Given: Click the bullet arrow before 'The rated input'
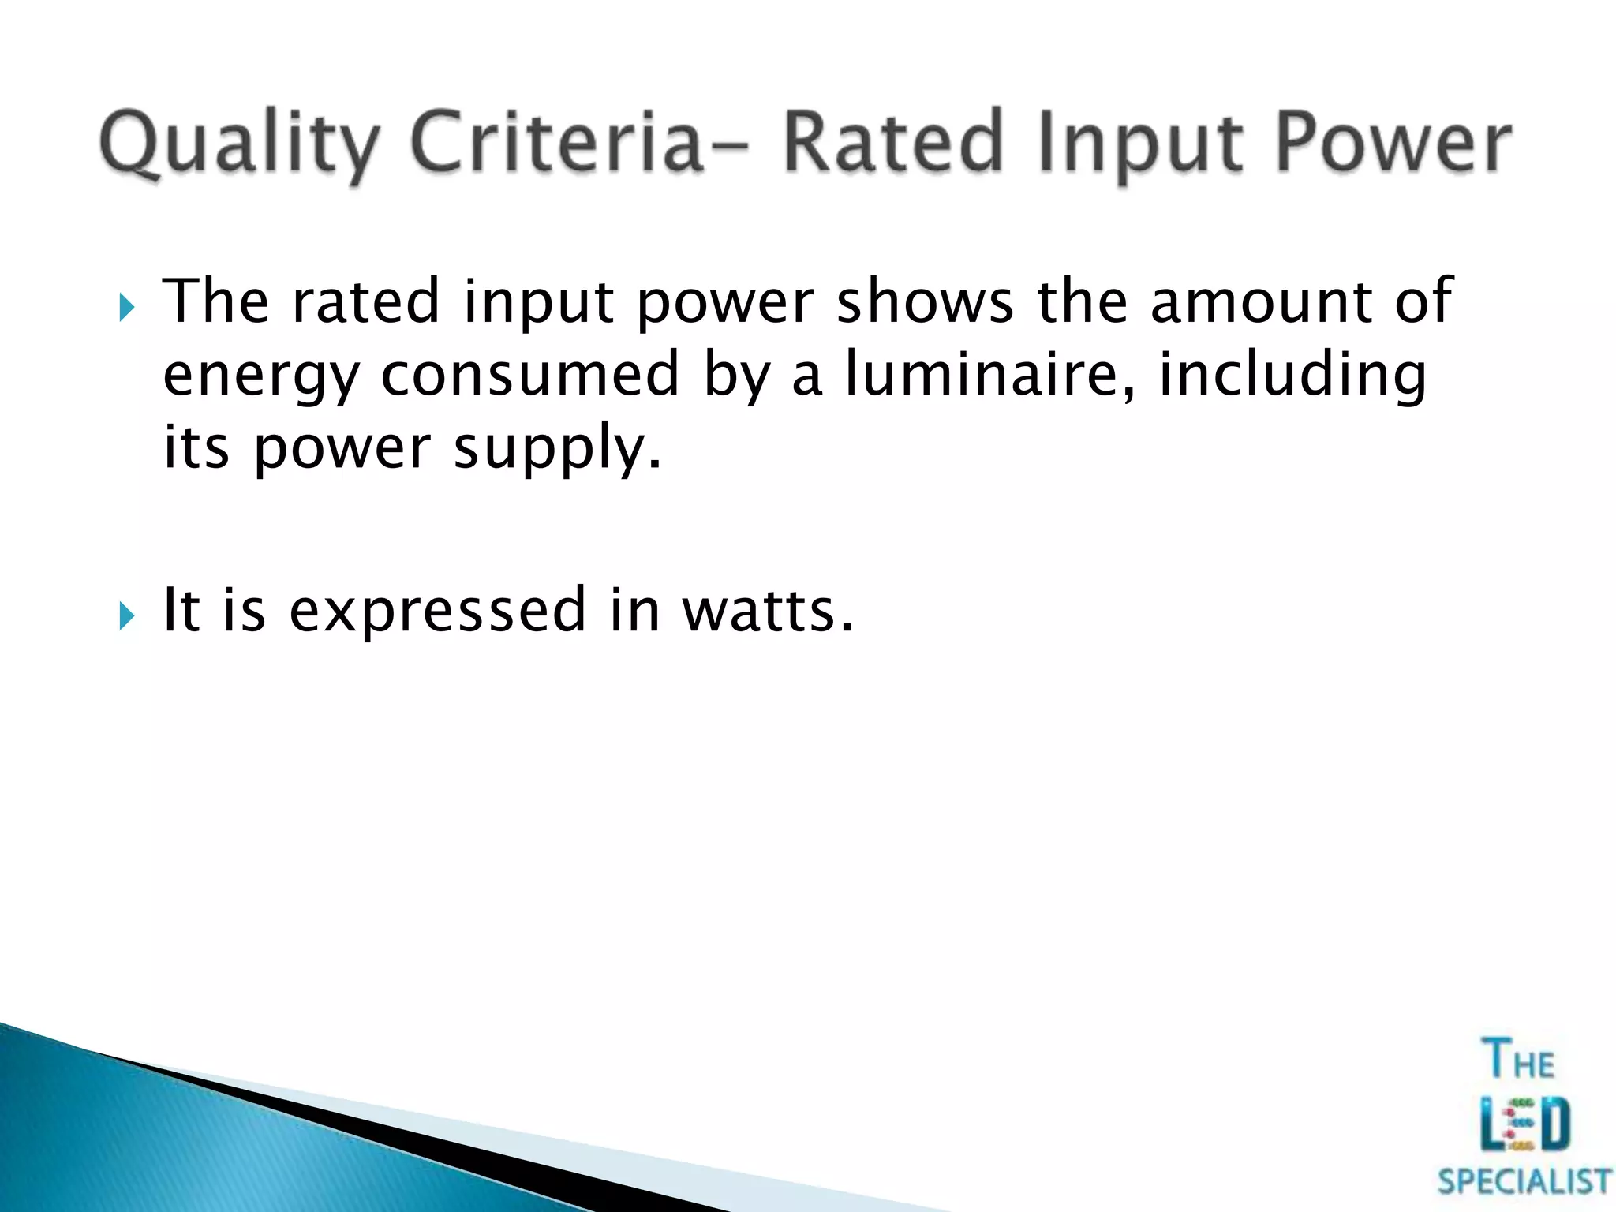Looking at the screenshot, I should pos(127,305).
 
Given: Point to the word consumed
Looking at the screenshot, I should pos(529,374).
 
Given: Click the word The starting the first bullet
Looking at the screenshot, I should pos(215,301).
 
